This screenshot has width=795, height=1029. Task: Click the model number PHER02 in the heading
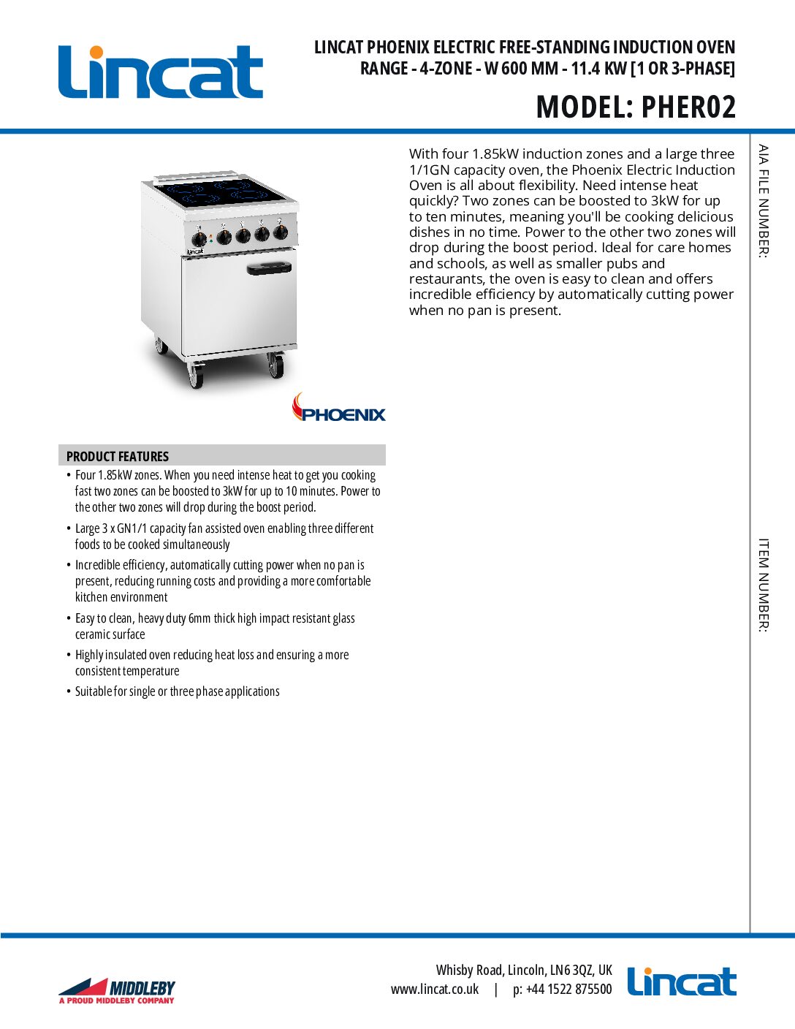[688, 107]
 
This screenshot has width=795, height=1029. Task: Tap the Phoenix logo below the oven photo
[339, 409]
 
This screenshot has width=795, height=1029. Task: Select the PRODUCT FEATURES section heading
[118, 456]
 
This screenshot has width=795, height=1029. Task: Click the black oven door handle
[269, 268]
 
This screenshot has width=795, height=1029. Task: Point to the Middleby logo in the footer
[117, 990]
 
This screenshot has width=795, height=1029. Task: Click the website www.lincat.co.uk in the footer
[435, 989]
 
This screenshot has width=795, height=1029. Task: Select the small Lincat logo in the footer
[681, 982]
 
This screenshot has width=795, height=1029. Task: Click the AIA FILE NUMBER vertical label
[763, 201]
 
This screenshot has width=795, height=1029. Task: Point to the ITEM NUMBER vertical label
[763, 585]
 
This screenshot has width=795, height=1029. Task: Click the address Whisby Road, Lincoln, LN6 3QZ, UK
[524, 970]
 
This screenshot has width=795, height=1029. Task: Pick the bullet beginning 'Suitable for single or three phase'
[177, 691]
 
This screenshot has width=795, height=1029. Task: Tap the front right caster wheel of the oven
[275, 365]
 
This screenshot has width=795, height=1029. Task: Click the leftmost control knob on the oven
[199, 239]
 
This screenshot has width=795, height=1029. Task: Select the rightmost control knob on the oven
[281, 233]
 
